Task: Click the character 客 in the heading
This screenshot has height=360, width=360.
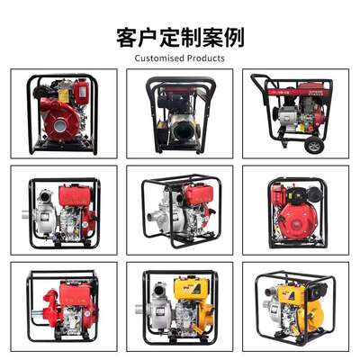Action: coord(127,38)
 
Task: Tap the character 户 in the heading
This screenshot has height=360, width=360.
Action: coord(148,38)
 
